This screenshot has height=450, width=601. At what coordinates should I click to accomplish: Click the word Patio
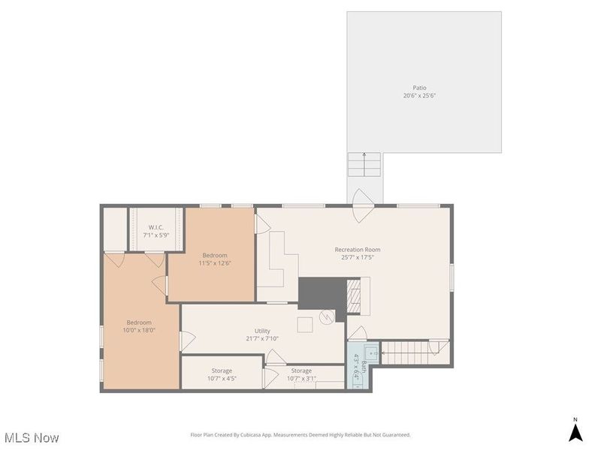click(x=419, y=88)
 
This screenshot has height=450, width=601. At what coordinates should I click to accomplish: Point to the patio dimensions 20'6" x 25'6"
click(x=419, y=96)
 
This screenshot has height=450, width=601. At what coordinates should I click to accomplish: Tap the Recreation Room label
click(x=358, y=250)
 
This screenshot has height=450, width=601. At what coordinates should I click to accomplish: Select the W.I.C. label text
click(x=156, y=227)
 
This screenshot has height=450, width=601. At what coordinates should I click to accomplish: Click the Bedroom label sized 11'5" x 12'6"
click(x=214, y=255)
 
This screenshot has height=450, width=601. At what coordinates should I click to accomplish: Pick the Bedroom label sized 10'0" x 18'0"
click(x=139, y=322)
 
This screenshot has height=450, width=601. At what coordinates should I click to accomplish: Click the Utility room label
click(x=262, y=331)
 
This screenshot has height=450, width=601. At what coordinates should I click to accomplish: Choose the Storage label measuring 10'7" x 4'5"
click(x=222, y=370)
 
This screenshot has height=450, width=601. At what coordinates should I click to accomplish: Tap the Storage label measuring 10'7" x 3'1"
click(x=301, y=370)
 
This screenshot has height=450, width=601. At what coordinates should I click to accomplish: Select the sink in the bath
click(x=370, y=352)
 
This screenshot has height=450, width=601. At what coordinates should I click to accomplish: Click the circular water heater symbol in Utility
click(x=326, y=317)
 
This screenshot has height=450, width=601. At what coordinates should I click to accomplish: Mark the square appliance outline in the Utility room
click(x=305, y=324)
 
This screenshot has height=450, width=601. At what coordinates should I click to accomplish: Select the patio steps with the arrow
click(x=364, y=164)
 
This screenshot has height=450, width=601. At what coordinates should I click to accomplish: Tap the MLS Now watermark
click(x=32, y=437)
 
